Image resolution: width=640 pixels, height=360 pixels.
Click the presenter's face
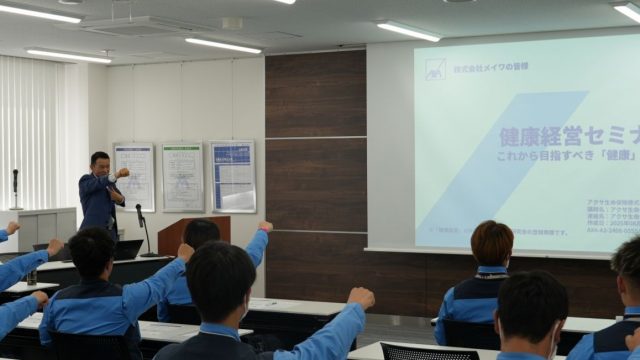point(99,163)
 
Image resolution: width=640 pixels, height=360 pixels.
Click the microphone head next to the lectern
point(139,210)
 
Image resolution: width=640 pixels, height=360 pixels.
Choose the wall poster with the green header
point(182,176)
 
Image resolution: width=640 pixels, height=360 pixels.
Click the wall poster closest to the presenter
point(134,176)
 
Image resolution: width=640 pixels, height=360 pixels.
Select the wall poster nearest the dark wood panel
point(232,176)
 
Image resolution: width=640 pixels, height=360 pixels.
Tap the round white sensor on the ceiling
point(232,23)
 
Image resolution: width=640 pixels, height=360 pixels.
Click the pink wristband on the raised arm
point(265,228)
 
